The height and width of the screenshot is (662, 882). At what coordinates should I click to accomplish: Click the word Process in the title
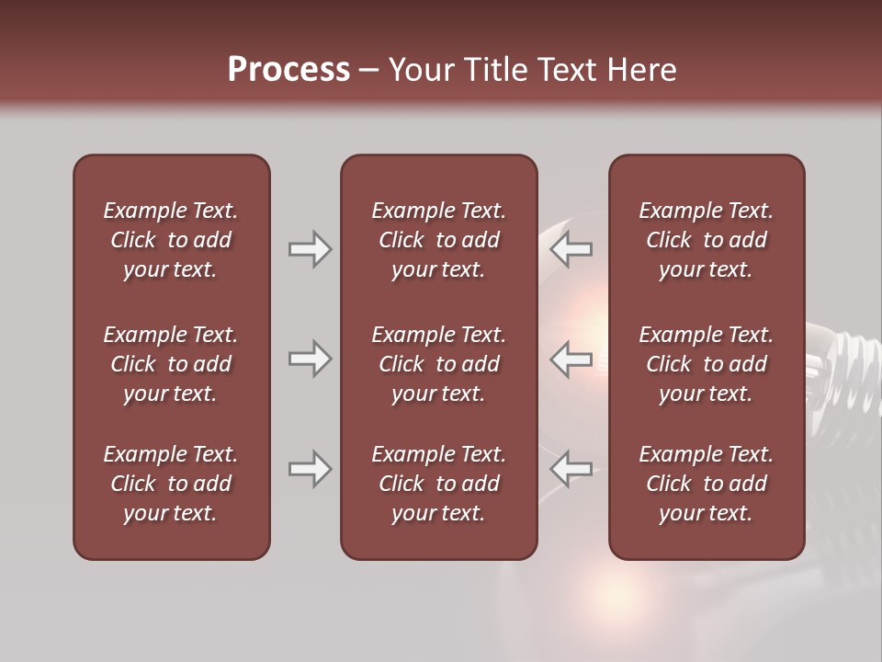point(288,70)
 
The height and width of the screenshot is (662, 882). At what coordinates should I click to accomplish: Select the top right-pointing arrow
point(310,249)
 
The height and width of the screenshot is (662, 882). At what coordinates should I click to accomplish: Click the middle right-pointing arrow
point(310,359)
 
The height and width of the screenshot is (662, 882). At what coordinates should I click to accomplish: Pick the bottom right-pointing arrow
point(310,469)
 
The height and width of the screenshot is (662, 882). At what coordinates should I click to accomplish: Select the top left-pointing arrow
point(571,249)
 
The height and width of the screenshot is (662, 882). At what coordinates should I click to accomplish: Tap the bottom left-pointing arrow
point(571,469)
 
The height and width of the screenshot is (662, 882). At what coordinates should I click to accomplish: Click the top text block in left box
point(171,240)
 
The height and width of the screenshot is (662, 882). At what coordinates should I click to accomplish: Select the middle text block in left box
point(171,364)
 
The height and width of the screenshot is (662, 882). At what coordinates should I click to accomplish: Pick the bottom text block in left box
point(171,484)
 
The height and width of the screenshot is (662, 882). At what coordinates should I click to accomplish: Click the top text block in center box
point(438,240)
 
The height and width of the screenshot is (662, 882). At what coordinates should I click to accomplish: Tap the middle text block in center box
point(438,364)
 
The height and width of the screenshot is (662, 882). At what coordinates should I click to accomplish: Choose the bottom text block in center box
point(438,484)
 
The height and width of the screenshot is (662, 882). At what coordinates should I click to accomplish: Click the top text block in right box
point(706,240)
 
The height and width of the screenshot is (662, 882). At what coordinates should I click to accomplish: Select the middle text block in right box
point(706,364)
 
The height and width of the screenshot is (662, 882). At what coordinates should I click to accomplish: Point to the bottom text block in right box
point(706,484)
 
